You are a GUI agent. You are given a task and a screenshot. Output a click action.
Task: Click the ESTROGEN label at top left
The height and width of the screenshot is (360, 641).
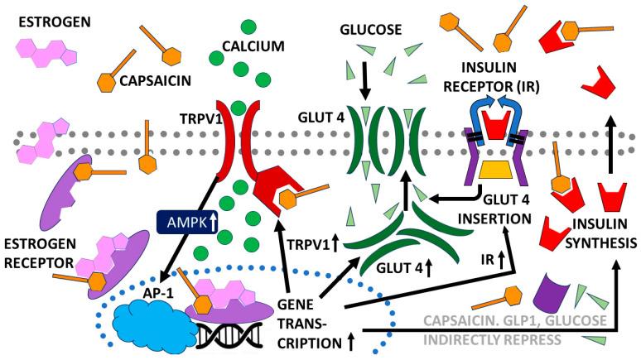pos(46,16)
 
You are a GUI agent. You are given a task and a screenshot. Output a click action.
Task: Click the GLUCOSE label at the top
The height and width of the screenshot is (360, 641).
pos(371,30)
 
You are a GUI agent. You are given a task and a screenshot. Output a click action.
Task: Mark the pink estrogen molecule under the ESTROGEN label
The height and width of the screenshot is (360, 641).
pos(47,51)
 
